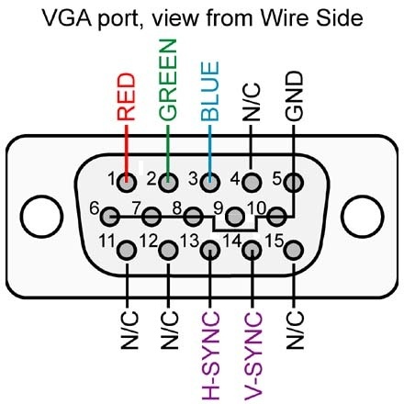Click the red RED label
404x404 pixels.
point(126,97)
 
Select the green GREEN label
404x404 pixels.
point(168,80)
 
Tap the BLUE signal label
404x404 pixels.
point(210,91)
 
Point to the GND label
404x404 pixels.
point(294,95)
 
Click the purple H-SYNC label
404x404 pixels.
point(210,356)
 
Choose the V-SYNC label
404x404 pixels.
point(253,356)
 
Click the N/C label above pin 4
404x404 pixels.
point(252,102)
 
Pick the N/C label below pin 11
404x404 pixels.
point(129,331)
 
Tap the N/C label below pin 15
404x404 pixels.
point(295,331)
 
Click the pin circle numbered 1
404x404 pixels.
point(127,183)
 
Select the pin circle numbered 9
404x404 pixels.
point(235,217)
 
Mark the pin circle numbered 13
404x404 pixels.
point(210,251)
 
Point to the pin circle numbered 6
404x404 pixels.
point(109,217)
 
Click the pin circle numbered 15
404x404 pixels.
point(294,251)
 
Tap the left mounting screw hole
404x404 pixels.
point(41,217)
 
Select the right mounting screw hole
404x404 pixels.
point(363,217)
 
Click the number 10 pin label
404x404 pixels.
point(256,208)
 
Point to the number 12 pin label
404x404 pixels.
point(149,241)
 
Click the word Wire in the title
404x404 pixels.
point(285,18)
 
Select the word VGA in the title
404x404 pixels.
point(68,18)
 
